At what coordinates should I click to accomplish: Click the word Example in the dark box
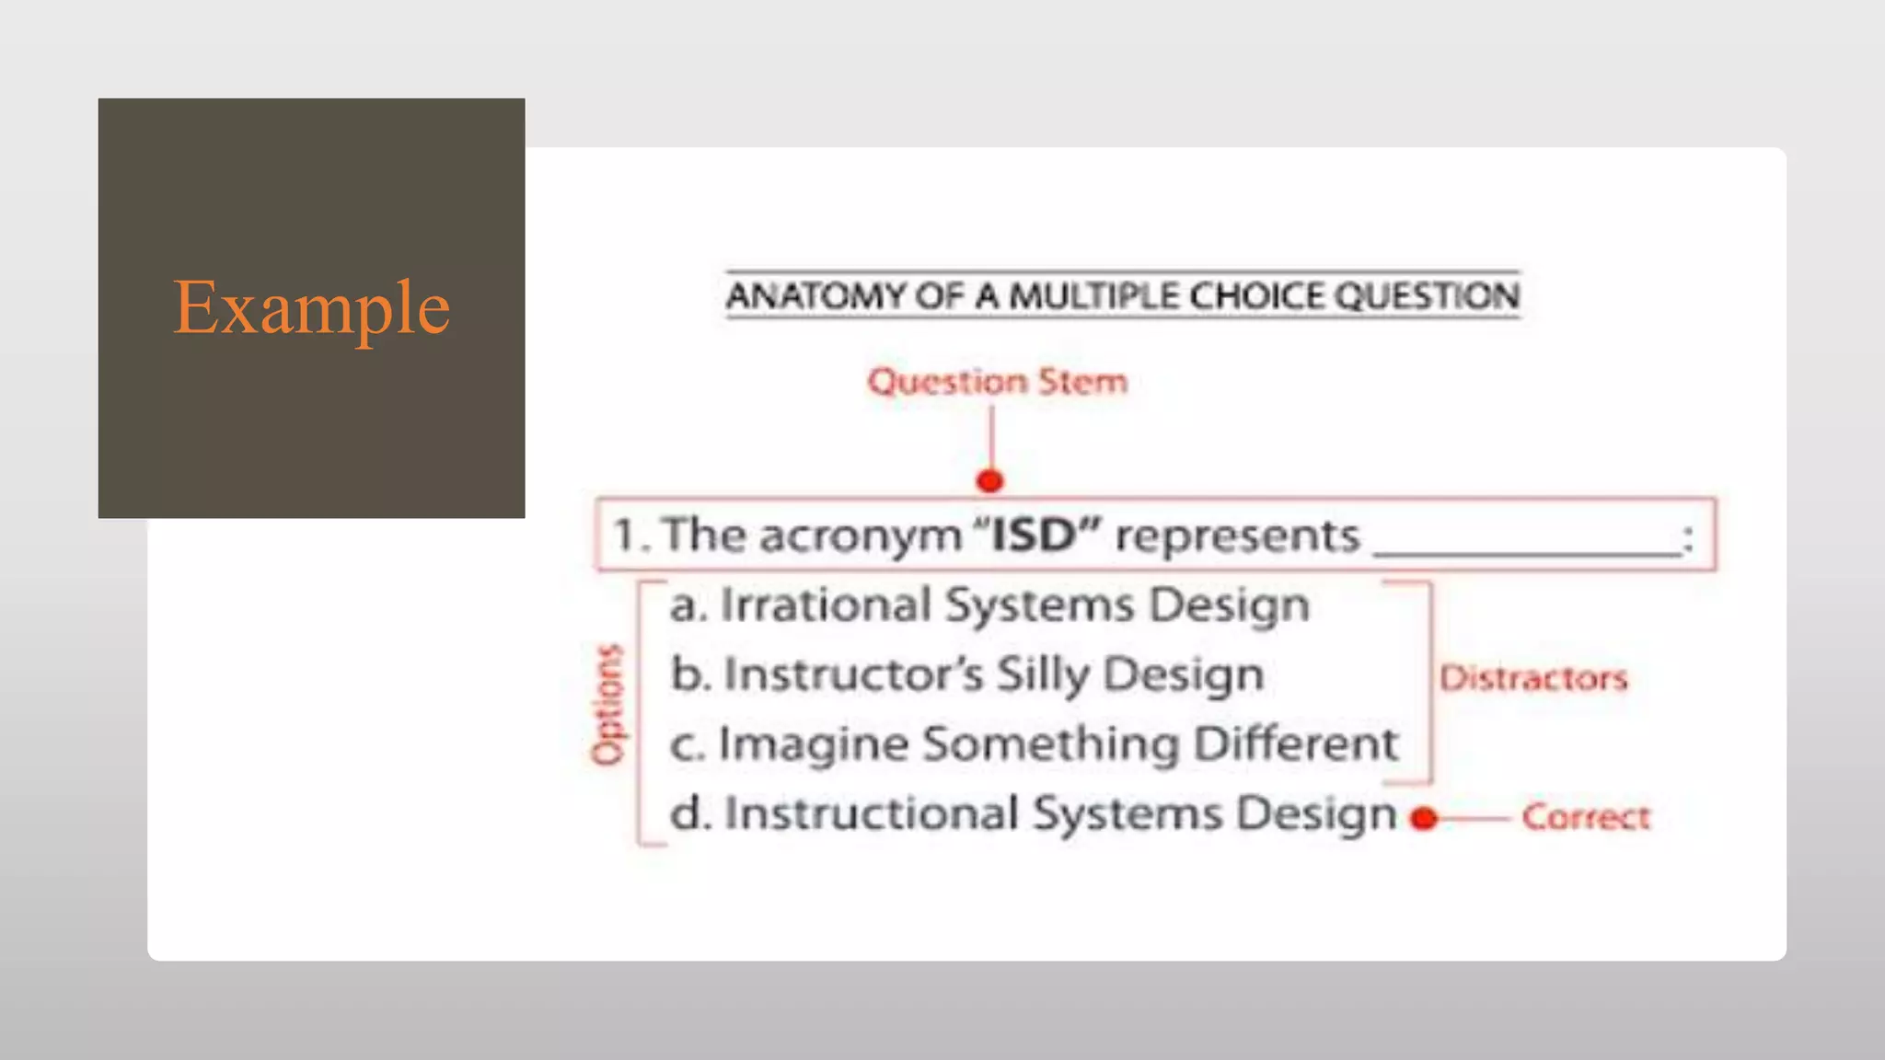311,307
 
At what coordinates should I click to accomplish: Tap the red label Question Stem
997,381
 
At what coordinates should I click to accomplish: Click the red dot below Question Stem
989,480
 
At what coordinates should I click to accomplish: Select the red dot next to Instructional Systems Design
1424,818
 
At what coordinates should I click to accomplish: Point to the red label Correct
1586,817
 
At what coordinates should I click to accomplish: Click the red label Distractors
1533,678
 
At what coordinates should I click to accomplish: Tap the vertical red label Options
607,706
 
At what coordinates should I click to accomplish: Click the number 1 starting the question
625,536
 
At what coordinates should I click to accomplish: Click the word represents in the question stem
1236,536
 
